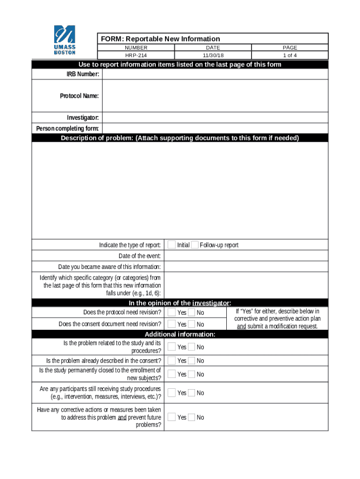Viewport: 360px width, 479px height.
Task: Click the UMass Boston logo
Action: pyautogui.click(x=65, y=40)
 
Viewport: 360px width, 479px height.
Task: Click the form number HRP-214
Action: pyautogui.click(x=136, y=55)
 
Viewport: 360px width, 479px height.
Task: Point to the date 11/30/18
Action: pyautogui.click(x=213, y=55)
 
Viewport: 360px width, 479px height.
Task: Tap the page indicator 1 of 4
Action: pyautogui.click(x=289, y=55)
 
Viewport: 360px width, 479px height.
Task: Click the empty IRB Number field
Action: pyautogui.click(x=215, y=74)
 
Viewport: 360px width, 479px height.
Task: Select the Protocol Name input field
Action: pyautogui.click(x=215, y=96)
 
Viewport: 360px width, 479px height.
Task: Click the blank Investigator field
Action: pyautogui.click(x=215, y=117)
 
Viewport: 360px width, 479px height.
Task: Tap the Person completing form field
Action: pyautogui.click(x=215, y=129)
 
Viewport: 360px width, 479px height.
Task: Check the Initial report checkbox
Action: pyautogui.click(x=172, y=245)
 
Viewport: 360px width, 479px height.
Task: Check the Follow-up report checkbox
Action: pyautogui.click(x=194, y=245)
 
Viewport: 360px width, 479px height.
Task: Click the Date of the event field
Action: pyautogui.click(x=245, y=256)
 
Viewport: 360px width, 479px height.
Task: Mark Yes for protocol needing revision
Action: pyautogui.click(x=172, y=312)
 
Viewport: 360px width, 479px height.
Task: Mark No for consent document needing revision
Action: pyautogui.click(x=192, y=324)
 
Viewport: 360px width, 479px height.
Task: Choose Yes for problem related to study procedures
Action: pyautogui.click(x=172, y=347)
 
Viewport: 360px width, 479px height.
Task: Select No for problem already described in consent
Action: pyautogui.click(x=192, y=361)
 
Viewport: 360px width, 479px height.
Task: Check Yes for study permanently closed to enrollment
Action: pyautogui.click(x=172, y=374)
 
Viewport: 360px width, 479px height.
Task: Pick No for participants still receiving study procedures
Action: pyautogui.click(x=192, y=393)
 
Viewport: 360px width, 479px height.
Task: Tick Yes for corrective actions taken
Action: pyautogui.click(x=172, y=417)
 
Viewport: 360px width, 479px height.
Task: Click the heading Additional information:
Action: pyautogui.click(x=180, y=334)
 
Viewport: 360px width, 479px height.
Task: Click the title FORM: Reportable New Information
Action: pyautogui.click(x=159, y=39)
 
